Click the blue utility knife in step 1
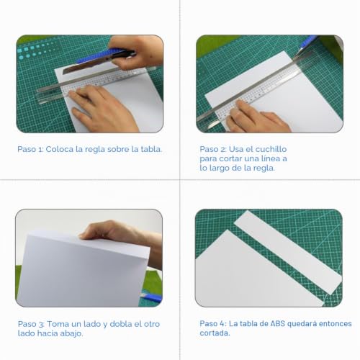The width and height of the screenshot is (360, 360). click(101, 60)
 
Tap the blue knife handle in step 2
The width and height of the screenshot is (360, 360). click(309, 41)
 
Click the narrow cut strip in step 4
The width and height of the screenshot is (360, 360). click(288, 252)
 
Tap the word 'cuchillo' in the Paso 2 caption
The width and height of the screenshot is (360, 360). click(271, 149)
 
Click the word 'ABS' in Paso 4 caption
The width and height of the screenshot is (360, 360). click(278, 323)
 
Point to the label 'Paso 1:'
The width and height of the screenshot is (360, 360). click(30, 149)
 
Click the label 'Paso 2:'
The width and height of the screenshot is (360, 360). click(213, 149)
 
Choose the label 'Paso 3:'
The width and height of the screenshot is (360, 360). click(31, 324)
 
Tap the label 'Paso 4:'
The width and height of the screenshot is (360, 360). click(213, 323)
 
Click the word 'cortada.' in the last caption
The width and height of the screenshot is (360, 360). click(215, 333)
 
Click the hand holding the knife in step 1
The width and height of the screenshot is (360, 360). click(135, 52)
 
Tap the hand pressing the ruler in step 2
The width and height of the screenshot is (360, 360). click(257, 117)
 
